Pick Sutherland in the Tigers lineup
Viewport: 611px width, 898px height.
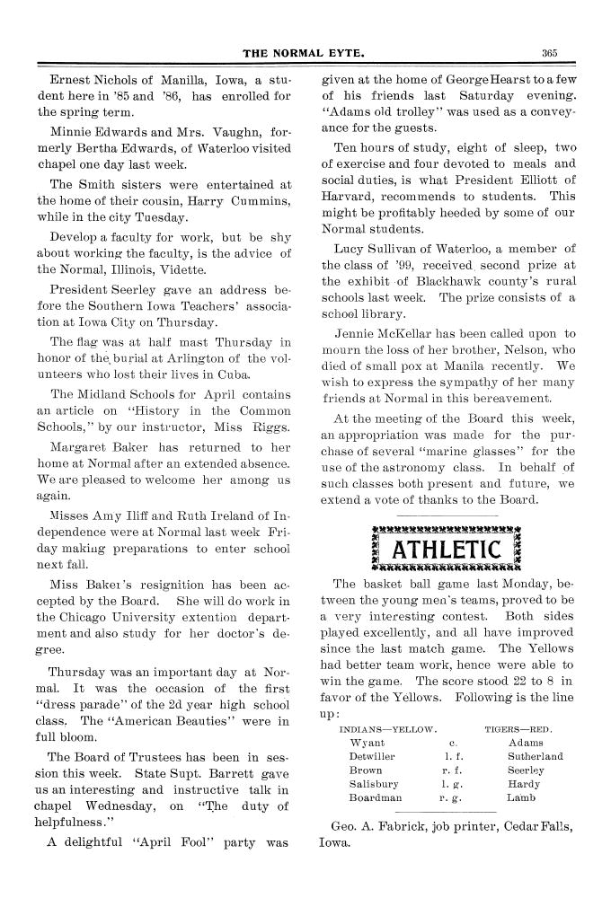(x=536, y=756)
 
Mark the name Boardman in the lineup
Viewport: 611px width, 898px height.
(x=376, y=797)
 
